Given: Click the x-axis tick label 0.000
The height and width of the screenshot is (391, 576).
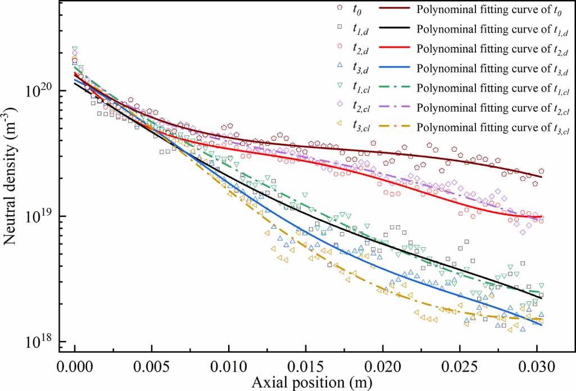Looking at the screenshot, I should pos(74,367).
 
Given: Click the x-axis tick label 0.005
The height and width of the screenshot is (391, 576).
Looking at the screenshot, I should pos(152,367).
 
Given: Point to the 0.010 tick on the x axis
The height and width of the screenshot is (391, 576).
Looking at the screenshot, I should pos(229,367).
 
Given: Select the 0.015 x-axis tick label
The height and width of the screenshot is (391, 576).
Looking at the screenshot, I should pos(306,367).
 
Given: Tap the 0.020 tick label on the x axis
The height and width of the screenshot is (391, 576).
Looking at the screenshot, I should pos(383,367).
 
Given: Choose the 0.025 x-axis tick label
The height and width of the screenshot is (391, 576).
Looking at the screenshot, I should pos(460,367).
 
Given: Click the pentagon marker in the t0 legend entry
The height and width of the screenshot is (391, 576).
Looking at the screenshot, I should pos(341,8).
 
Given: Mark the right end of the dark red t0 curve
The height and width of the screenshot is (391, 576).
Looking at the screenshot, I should pos(542,177).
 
